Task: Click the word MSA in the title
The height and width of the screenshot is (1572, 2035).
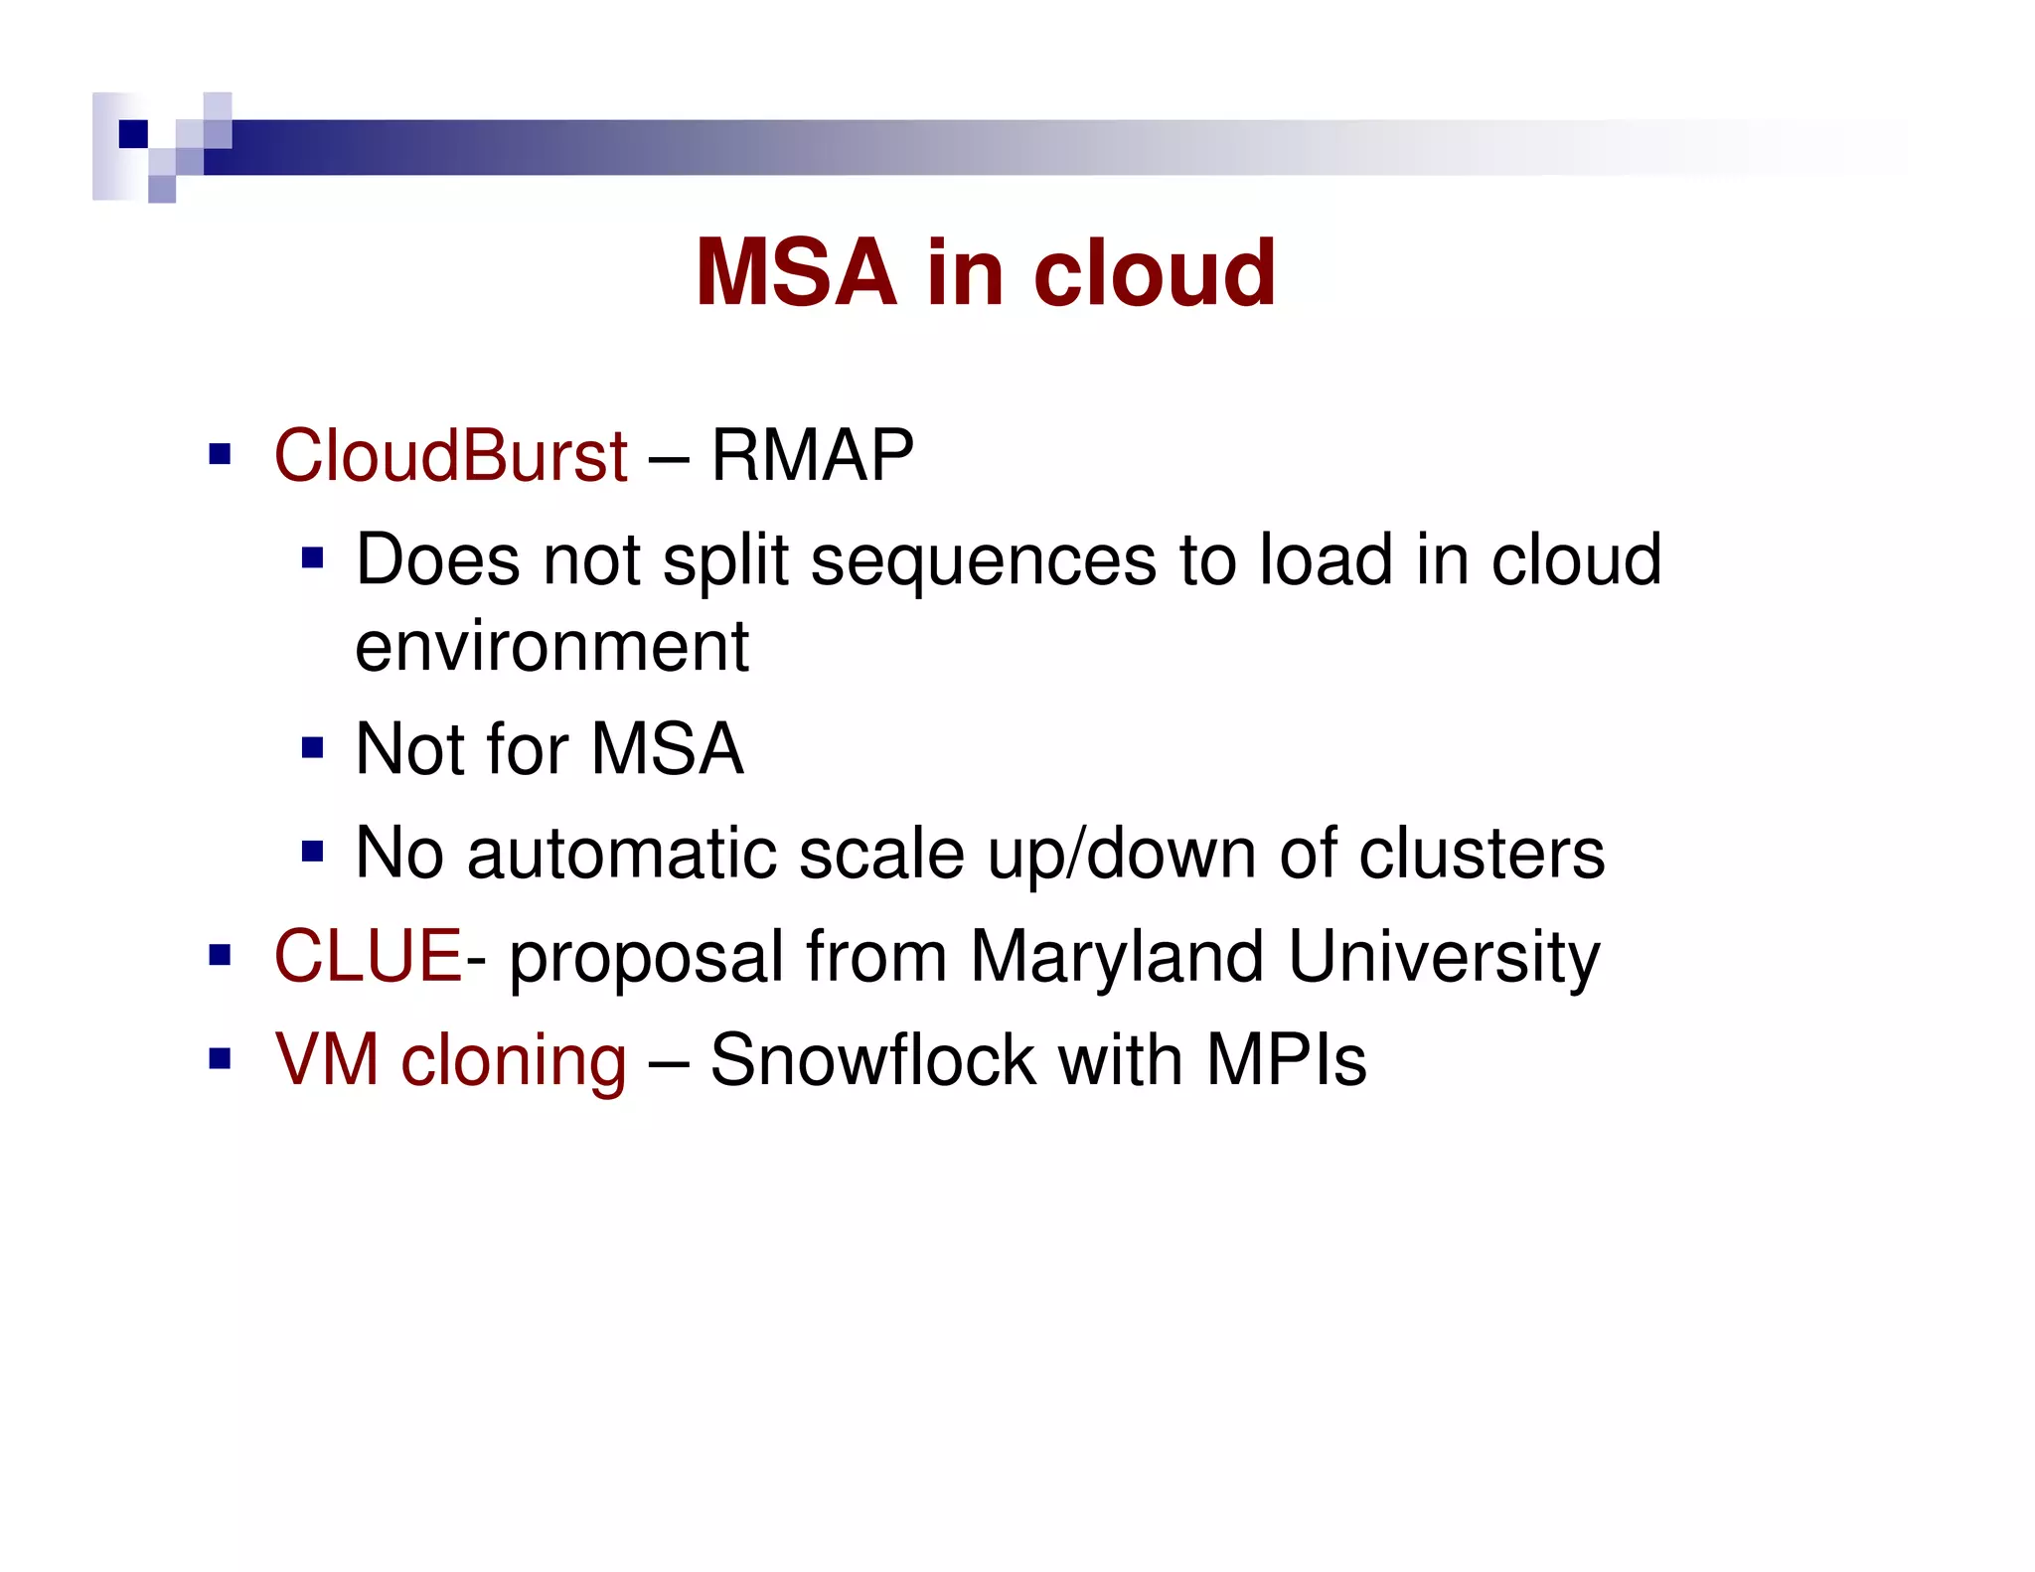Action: [x=796, y=273]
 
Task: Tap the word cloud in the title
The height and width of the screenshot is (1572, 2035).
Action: [x=1154, y=273]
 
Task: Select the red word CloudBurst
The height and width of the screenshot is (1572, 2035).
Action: [x=450, y=456]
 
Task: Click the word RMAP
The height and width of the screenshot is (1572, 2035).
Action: [x=812, y=456]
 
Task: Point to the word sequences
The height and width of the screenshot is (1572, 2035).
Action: [x=983, y=561]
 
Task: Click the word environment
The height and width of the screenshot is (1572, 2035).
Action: [x=551, y=647]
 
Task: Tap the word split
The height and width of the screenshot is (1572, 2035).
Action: [x=724, y=561]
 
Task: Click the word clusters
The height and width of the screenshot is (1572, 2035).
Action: [x=1481, y=854]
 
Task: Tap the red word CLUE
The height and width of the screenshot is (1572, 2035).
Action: [x=368, y=956]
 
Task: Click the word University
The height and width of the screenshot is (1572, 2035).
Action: [x=1443, y=956]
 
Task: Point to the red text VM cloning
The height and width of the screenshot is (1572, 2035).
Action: [x=450, y=1060]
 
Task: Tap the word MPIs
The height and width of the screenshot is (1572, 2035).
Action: [x=1286, y=1060]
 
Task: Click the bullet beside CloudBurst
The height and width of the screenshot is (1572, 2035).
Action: [x=220, y=456]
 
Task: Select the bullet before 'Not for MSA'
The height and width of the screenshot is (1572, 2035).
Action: [x=313, y=747]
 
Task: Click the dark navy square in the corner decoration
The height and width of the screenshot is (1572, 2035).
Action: [x=133, y=133]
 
